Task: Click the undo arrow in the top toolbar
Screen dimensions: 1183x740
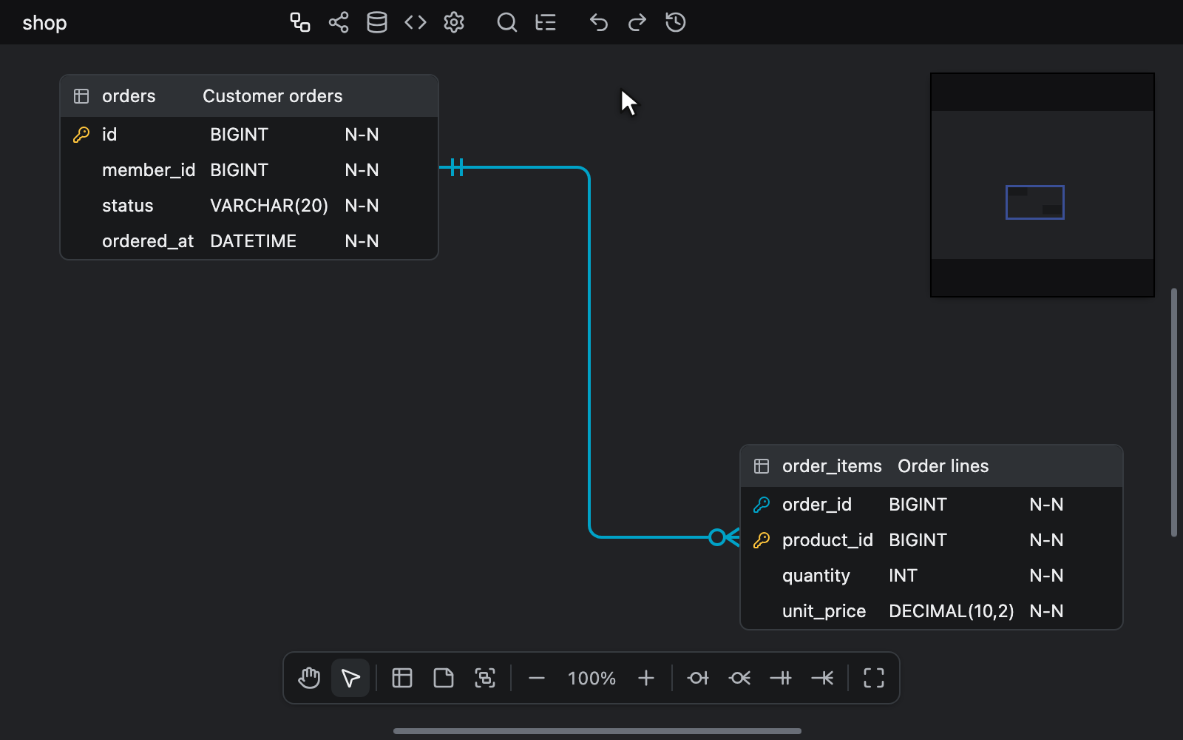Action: tap(598, 23)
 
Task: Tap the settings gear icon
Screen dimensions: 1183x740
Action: tap(454, 23)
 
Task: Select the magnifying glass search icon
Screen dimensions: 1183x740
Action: tap(506, 23)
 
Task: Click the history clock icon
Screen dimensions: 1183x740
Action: tap(676, 23)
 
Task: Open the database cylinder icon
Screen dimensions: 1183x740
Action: tap(376, 23)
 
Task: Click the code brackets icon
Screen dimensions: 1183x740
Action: tap(415, 23)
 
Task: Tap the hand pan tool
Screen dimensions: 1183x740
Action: tap(309, 678)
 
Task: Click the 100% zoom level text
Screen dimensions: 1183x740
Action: tap(591, 678)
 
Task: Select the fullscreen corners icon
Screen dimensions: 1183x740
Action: tap(873, 678)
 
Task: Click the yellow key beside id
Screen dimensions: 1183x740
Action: tap(81, 135)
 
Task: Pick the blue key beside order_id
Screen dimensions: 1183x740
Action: tap(761, 505)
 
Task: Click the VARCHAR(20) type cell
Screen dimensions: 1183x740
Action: tap(269, 206)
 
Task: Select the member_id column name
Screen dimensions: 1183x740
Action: tap(149, 170)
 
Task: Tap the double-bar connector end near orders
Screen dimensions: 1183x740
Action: tap(457, 167)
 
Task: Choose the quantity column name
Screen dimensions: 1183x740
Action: tap(816, 576)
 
